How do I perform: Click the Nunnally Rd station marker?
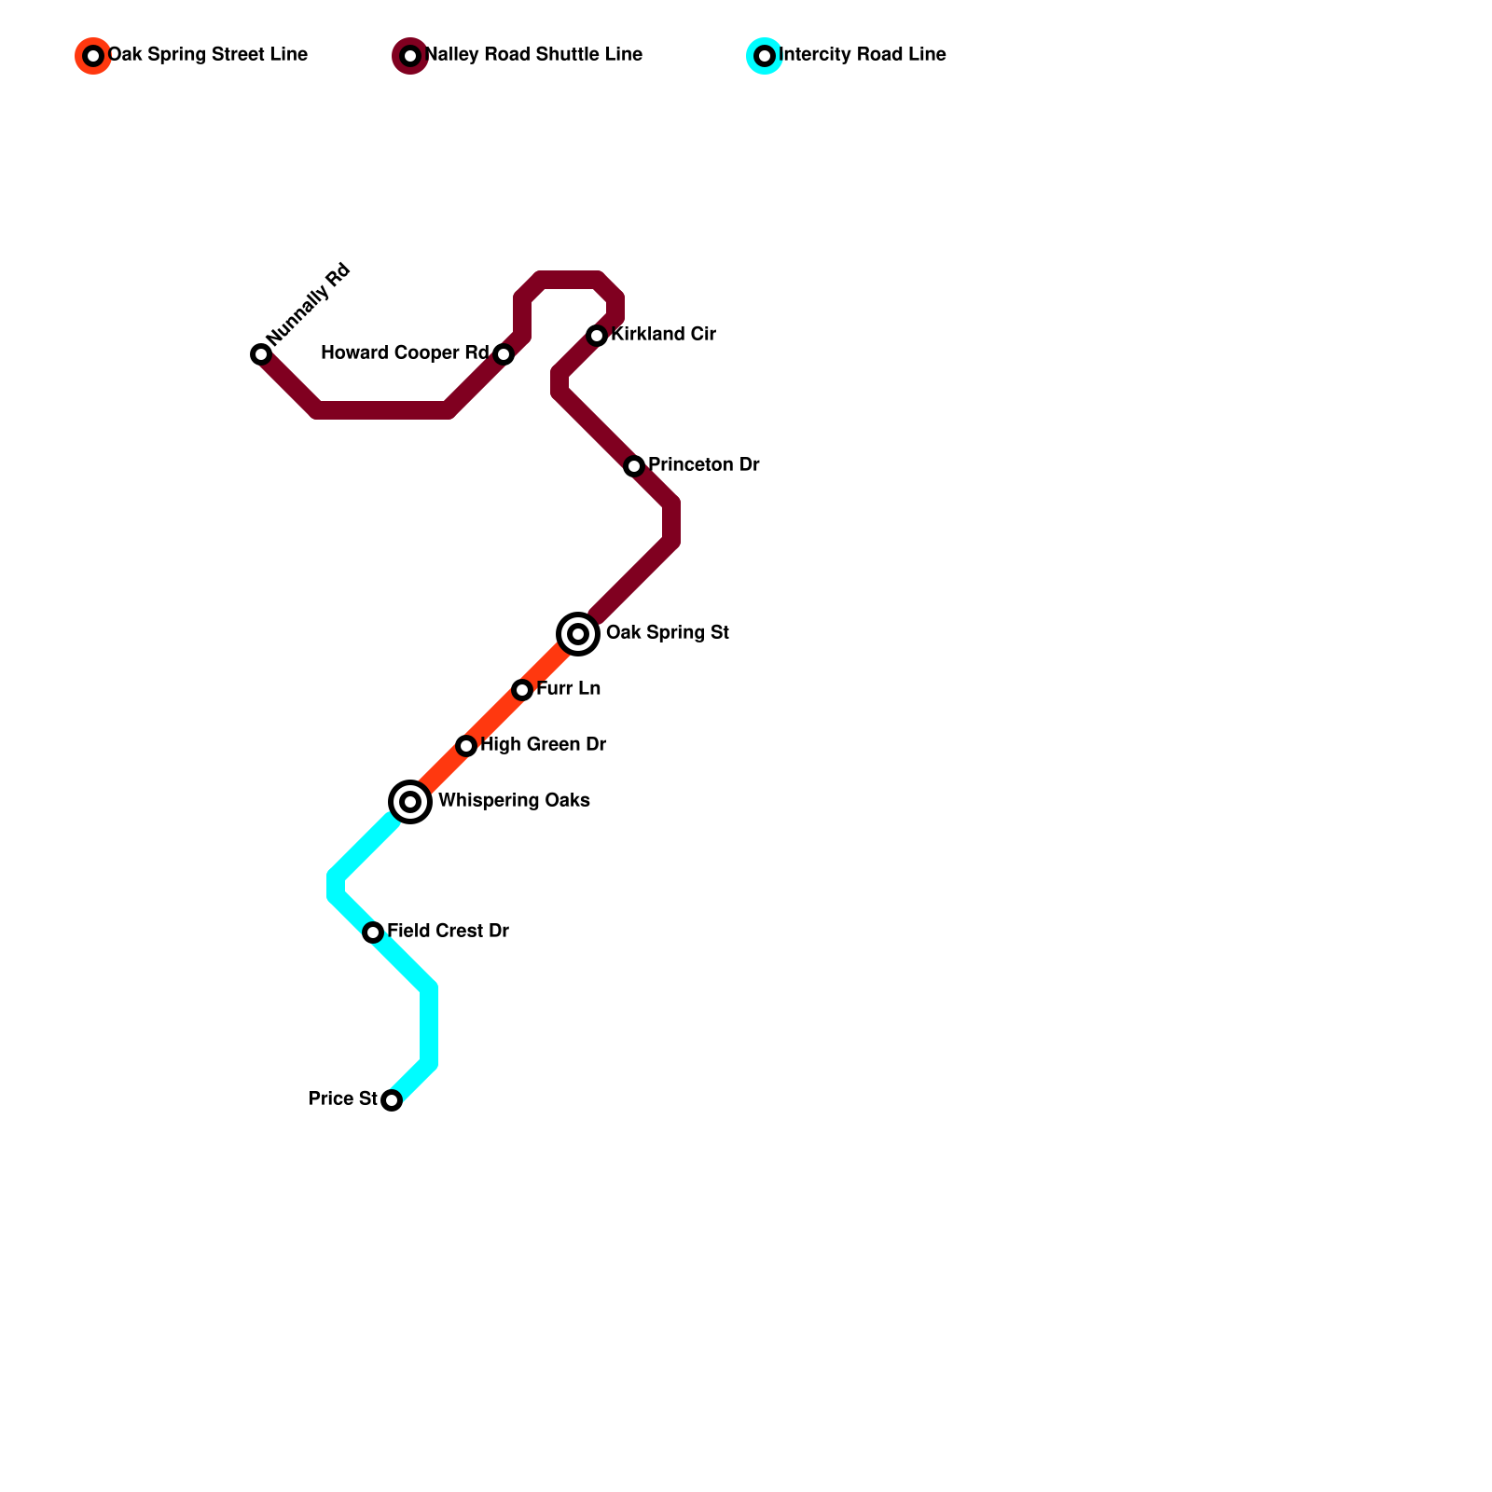click(x=261, y=354)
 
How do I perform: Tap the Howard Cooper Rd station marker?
click(x=504, y=354)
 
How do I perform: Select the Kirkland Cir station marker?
click(x=597, y=336)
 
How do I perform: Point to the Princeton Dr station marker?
click(x=634, y=466)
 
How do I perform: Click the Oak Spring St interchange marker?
click(x=578, y=634)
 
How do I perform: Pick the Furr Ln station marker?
click(x=522, y=690)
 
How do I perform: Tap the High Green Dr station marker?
click(x=466, y=746)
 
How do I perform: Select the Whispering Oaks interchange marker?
click(x=410, y=802)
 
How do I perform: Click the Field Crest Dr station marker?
click(x=373, y=932)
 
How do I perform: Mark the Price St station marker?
click(x=392, y=1100)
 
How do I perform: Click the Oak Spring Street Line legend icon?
click(x=93, y=56)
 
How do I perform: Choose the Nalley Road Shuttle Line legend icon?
click(x=410, y=56)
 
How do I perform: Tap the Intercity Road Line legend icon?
click(x=765, y=56)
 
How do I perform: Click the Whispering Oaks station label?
click(x=514, y=801)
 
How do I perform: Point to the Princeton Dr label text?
click(x=703, y=465)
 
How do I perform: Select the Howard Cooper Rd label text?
click(x=405, y=353)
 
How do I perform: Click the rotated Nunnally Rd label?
click(x=309, y=304)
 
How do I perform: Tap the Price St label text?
click(x=343, y=1099)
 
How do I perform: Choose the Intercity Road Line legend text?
click(x=863, y=55)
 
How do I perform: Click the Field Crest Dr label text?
click(x=448, y=932)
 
